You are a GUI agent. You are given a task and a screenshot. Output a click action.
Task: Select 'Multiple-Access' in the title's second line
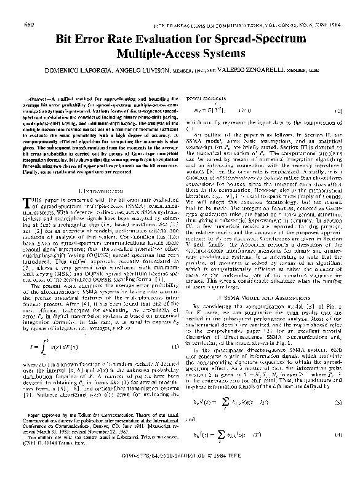(x=159, y=54)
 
